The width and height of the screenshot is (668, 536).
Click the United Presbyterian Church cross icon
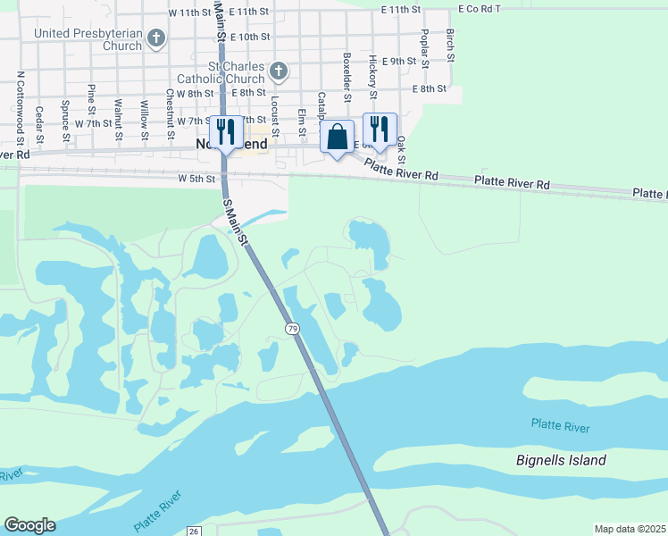pyautogui.click(x=157, y=38)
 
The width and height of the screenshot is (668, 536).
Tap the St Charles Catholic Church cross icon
pyautogui.click(x=279, y=70)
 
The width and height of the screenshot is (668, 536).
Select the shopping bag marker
pyautogui.click(x=337, y=138)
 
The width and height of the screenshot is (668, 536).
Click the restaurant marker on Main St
pyautogui.click(x=225, y=132)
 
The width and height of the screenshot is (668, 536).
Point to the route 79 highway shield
pyautogui.click(x=293, y=330)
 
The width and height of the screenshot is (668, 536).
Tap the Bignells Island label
pyautogui.click(x=561, y=461)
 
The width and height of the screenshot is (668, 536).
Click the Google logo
pyautogui.click(x=29, y=525)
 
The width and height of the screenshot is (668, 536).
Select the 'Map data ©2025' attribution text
pyautogui.click(x=630, y=529)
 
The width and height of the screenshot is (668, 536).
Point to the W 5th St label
pyautogui.click(x=196, y=179)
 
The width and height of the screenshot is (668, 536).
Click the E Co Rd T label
pyautogui.click(x=480, y=9)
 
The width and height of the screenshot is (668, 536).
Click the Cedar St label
pyautogui.click(x=40, y=124)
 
